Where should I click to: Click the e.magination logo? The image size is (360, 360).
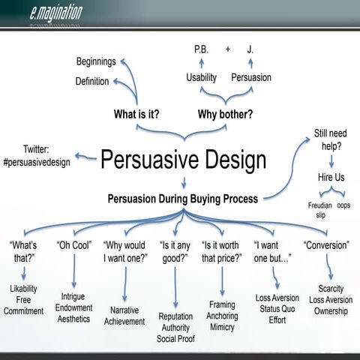(57, 11)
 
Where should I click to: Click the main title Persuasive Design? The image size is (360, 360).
(183, 159)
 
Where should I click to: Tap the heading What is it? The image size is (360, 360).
(136, 115)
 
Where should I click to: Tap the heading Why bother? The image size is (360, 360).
(224, 115)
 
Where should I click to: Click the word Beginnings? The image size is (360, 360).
(96, 61)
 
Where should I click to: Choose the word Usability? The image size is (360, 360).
(201, 77)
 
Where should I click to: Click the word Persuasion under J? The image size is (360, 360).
(251, 77)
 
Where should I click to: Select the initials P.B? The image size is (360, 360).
(201, 49)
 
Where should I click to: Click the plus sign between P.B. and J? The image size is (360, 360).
(227, 49)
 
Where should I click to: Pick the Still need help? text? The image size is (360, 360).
(330, 139)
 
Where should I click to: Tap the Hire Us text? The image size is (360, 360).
(330, 178)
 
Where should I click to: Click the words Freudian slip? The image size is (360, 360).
(319, 209)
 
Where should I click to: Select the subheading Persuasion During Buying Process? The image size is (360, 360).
(181, 199)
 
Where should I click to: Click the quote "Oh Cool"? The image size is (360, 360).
(74, 244)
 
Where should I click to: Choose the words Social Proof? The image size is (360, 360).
(175, 339)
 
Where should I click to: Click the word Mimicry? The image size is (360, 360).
(222, 328)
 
